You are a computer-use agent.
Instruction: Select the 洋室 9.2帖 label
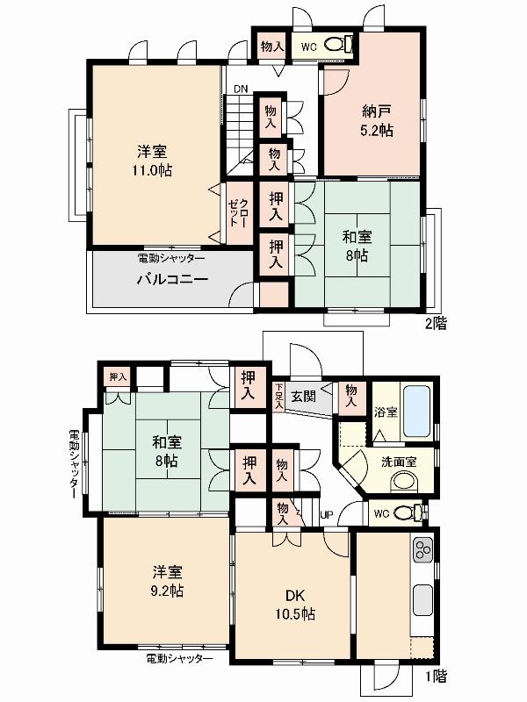(164, 581)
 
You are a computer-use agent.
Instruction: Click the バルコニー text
(171, 280)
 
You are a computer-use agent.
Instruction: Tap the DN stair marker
(240, 89)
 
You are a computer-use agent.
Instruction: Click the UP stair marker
(326, 514)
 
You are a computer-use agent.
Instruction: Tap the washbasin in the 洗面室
(405, 481)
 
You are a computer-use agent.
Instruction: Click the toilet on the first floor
(406, 512)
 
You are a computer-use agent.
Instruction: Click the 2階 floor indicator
(436, 324)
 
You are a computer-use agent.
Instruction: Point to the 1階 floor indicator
(435, 676)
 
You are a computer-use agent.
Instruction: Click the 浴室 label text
(383, 410)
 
